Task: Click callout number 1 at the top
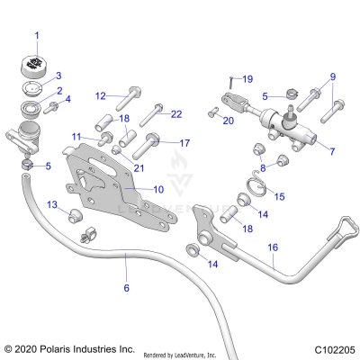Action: coord(37,36)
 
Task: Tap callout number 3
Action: coord(58,76)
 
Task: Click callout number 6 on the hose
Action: coord(126,287)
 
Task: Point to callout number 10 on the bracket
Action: coord(158,190)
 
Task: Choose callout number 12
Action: coord(101,94)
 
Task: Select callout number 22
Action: coord(176,112)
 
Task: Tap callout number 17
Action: coord(185,142)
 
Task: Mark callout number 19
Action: coord(247,79)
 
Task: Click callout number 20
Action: coord(228,120)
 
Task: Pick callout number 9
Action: coord(332,76)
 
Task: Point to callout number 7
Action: coord(331,152)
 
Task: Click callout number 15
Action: coord(279,196)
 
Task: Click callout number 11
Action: coord(77,136)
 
